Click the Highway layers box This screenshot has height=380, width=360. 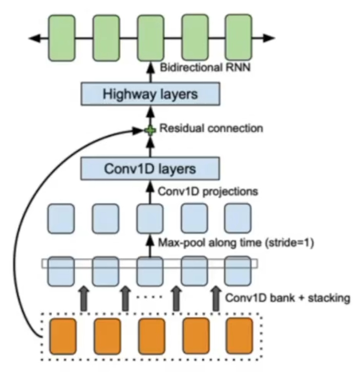150,94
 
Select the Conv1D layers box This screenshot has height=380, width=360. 150,169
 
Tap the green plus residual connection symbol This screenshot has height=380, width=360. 150,130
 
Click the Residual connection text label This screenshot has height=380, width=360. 211,129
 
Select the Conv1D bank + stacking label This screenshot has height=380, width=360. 287,297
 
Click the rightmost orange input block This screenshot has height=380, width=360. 239,336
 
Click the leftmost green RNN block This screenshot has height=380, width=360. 62,38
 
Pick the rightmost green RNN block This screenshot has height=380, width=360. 239,38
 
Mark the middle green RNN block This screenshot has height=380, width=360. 150,38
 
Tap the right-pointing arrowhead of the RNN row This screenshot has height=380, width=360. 270,38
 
